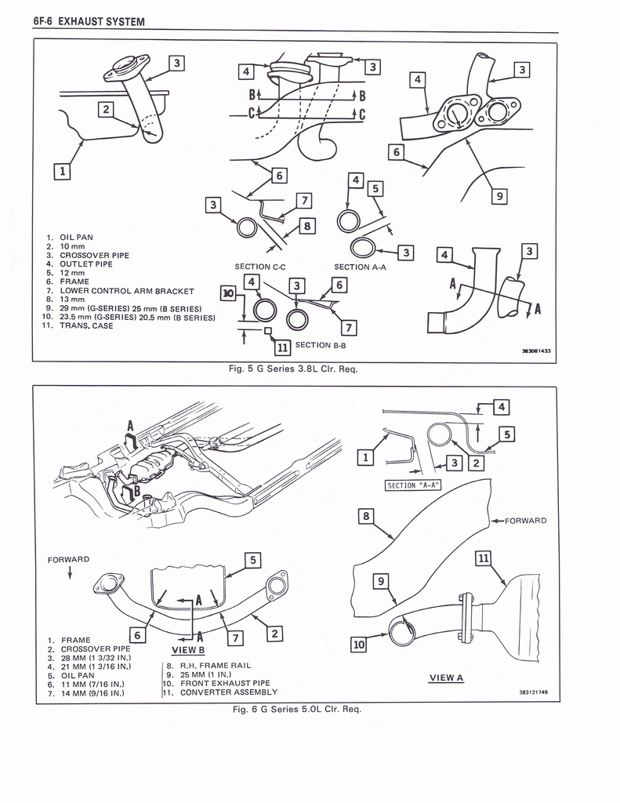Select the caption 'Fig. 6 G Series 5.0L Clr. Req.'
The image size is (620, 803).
(295, 709)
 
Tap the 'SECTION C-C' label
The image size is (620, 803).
(259, 267)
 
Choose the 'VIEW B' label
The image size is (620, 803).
(187, 650)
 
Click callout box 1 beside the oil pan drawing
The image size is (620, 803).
(63, 170)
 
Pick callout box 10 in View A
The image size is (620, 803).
(359, 645)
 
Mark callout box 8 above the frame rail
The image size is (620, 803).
(366, 516)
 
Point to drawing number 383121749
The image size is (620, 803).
(533, 692)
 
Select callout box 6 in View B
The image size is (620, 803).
(136, 636)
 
